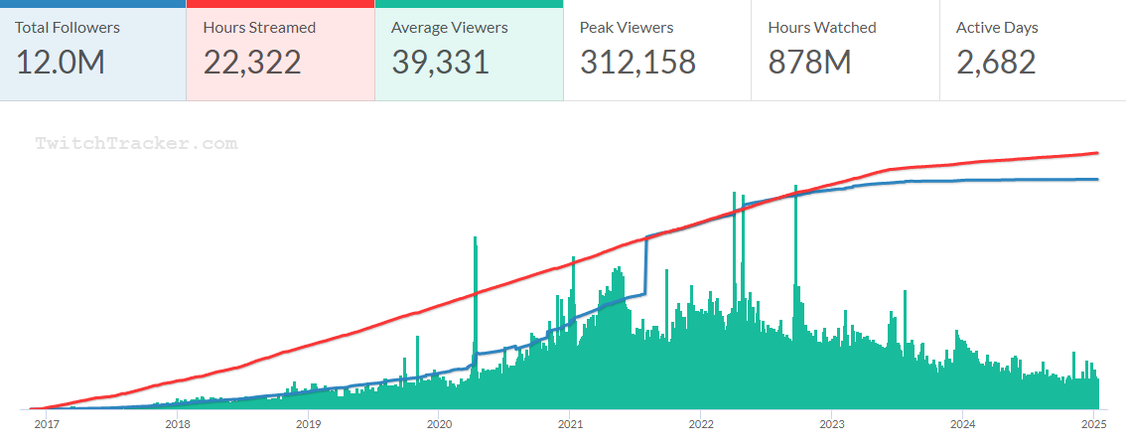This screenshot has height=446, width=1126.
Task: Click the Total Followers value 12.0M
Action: point(60,63)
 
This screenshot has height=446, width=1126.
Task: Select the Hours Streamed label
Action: point(259,28)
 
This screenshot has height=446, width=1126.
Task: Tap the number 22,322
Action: point(252,63)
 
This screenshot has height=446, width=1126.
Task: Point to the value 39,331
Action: point(440,63)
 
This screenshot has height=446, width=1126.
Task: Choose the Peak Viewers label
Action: point(627,28)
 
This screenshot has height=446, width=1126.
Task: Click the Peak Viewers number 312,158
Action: point(637,63)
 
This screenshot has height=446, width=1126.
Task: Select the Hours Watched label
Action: point(822,28)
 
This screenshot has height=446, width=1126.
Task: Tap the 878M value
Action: point(809,63)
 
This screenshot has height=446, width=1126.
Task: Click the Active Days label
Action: point(997,28)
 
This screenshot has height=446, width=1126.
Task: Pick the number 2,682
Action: point(996,63)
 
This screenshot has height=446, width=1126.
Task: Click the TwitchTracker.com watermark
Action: point(137,144)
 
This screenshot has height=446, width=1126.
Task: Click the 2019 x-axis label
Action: point(308,424)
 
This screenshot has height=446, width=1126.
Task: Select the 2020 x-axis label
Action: point(439,424)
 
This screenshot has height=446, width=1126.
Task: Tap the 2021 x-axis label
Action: point(569,424)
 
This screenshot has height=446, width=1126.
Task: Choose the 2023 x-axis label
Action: point(831,424)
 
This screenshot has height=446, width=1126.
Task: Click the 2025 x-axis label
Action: point(1093,424)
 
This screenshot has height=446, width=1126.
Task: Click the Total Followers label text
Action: point(68,28)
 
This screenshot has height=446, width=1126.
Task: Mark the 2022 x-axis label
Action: point(700,424)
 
